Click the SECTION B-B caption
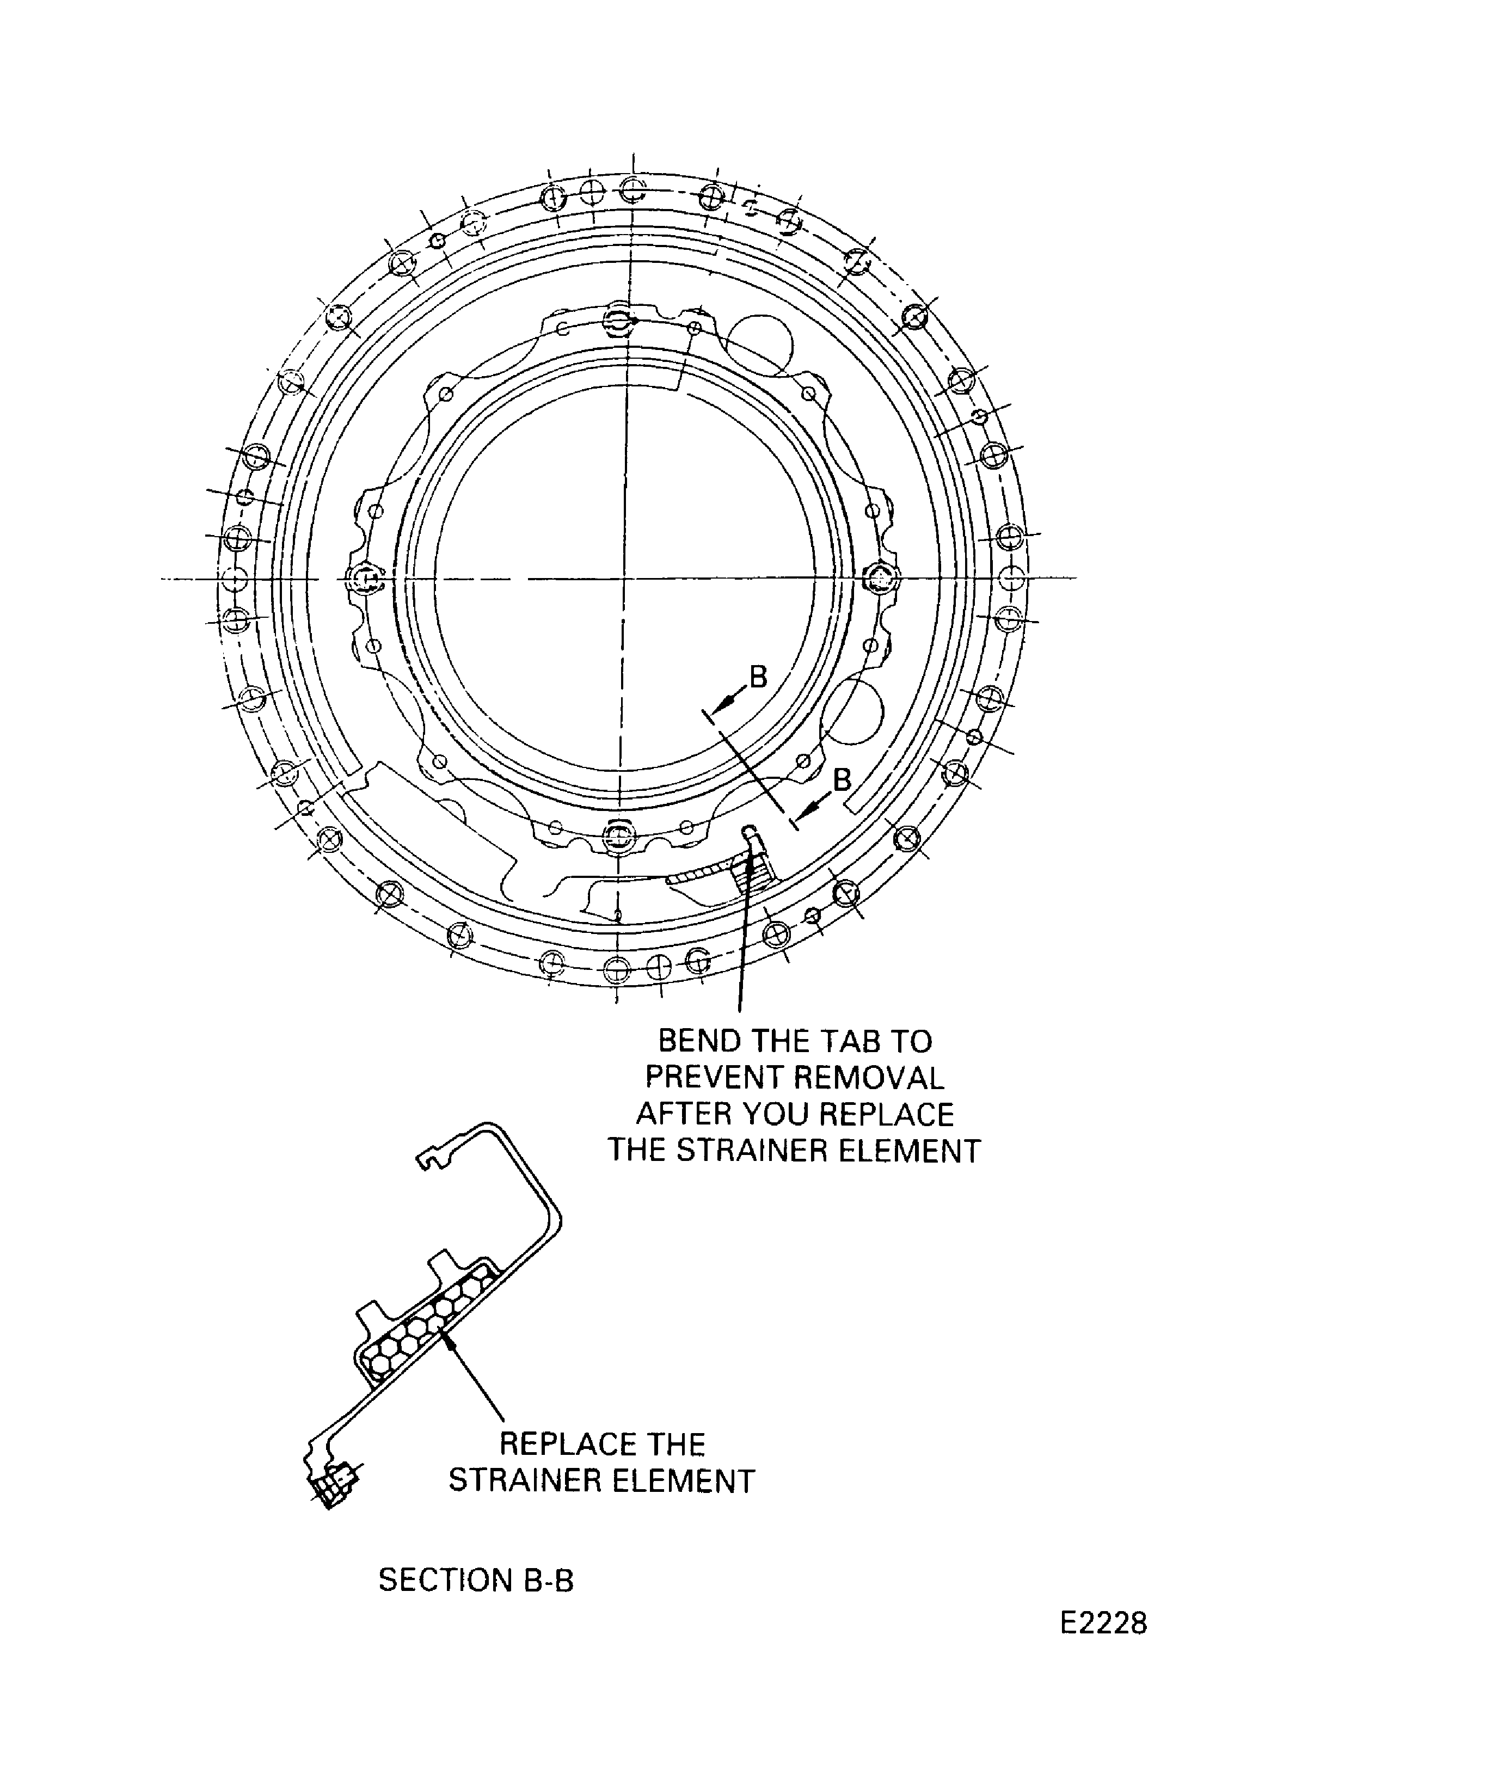pos(475,1580)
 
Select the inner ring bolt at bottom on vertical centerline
pos(620,835)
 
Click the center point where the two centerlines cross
pos(623,579)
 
